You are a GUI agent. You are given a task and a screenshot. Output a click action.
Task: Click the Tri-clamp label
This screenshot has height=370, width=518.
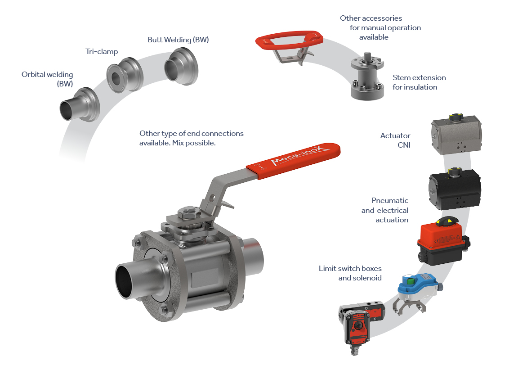pyautogui.click(x=102, y=52)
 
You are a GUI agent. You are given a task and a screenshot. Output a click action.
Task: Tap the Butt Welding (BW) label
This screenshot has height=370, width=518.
pyautogui.click(x=178, y=40)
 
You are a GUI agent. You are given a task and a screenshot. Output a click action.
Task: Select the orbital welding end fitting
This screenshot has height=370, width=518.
pyautogui.click(x=80, y=104)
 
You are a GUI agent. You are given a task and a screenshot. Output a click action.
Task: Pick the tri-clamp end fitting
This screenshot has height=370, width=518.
pyautogui.click(x=125, y=75)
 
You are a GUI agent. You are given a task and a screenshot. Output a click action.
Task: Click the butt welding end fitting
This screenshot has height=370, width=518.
pyautogui.click(x=181, y=66)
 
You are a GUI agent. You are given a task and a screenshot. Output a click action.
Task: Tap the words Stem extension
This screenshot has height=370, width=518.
pyautogui.click(x=419, y=78)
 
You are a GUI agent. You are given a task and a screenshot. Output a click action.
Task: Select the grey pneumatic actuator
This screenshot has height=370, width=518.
pyautogui.click(x=456, y=134)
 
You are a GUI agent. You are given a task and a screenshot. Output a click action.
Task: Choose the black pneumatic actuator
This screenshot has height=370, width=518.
pyautogui.click(x=455, y=189)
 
